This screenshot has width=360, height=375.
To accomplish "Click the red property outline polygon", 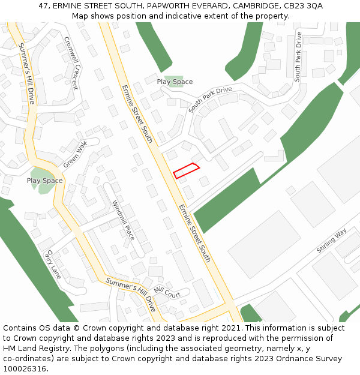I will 187,170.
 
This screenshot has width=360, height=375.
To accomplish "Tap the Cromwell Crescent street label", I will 71,63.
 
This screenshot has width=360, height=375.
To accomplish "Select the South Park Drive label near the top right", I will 298,56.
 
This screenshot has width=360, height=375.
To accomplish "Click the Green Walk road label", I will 76,154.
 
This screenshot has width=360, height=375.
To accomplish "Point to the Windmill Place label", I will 123,220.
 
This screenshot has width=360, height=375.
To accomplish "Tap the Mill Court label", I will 167,292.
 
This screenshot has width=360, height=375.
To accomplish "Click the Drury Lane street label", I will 52,265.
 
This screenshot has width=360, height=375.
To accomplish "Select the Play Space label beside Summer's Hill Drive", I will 44,181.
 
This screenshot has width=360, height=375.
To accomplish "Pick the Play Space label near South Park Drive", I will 175,82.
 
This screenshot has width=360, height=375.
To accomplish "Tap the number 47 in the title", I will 43,5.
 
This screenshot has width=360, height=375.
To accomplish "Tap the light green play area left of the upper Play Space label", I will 175,81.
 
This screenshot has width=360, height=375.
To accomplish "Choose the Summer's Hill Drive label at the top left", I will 26,73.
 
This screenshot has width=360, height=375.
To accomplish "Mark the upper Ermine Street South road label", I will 137,114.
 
